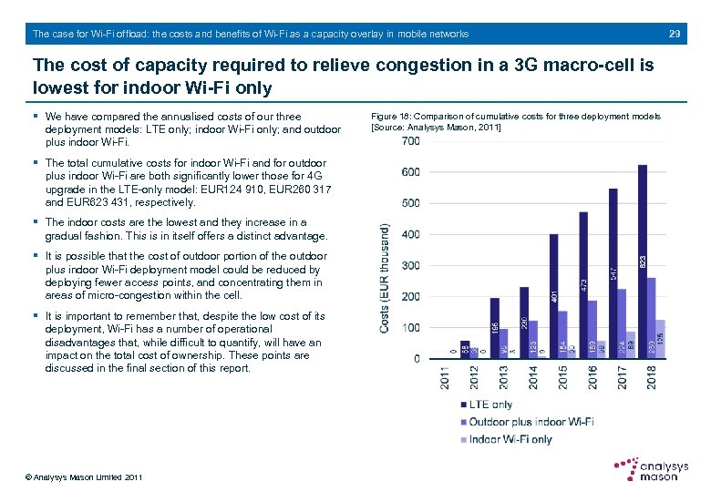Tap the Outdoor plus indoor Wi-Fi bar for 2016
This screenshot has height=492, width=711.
pyautogui.click(x=592, y=329)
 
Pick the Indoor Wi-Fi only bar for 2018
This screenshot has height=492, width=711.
pyautogui.click(x=661, y=339)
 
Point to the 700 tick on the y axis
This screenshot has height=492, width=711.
pyautogui.click(x=410, y=141)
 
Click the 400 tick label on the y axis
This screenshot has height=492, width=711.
pyautogui.click(x=410, y=234)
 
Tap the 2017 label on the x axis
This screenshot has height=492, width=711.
pyautogui.click(x=622, y=377)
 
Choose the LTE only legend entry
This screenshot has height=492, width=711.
pyautogui.click(x=489, y=405)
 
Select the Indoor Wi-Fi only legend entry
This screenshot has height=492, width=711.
pyautogui.click(x=510, y=439)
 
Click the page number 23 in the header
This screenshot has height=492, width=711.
pyautogui.click(x=675, y=34)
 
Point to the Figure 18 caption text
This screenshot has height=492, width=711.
pyautogui.click(x=516, y=121)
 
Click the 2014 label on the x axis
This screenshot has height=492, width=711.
pyautogui.click(x=533, y=377)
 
